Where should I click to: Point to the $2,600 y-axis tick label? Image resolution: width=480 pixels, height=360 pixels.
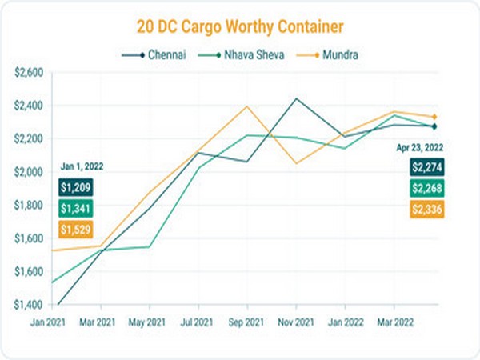(x=30, y=72)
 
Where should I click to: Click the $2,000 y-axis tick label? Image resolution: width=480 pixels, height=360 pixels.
(x=30, y=172)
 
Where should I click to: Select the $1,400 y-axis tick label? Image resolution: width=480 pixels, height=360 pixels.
(x=30, y=305)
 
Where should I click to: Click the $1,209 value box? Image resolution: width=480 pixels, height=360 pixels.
(x=75, y=187)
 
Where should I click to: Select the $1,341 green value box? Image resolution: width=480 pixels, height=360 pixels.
(x=75, y=208)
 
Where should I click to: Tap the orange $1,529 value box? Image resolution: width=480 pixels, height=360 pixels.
(x=75, y=230)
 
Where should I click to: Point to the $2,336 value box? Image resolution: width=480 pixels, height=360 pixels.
(x=428, y=210)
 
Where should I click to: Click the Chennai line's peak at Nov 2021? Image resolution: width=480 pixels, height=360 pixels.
(x=296, y=98)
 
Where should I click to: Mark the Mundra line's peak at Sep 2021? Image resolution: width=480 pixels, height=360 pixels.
(x=246, y=106)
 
